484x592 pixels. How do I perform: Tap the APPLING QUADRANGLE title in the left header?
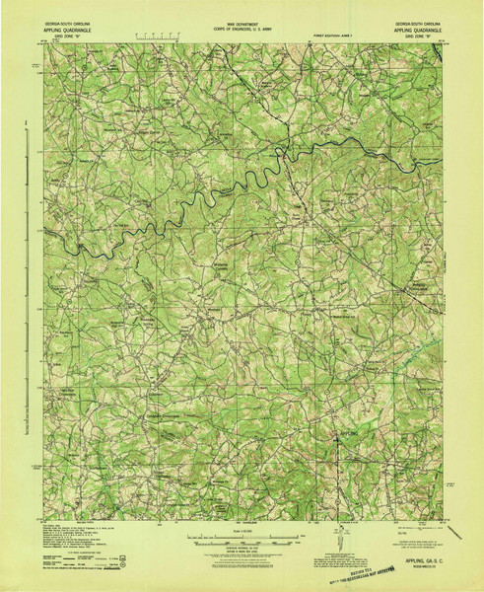pos(68,30)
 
